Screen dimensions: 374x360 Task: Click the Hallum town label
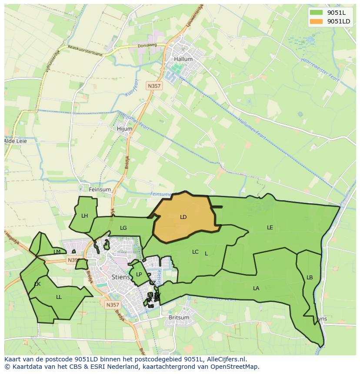tap(183, 59)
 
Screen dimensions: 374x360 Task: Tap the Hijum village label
tap(124, 129)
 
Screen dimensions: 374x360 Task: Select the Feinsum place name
tap(100, 189)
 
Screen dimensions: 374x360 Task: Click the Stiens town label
tap(120, 277)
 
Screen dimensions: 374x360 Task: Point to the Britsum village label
tap(179, 318)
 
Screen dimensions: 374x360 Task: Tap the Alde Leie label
tap(15, 141)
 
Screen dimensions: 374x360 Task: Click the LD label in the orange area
tap(183, 217)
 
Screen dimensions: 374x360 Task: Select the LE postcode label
tap(270, 227)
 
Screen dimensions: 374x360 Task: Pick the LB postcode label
tap(310, 278)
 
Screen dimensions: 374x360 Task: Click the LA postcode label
tap(256, 288)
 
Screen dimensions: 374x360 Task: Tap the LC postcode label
tap(195, 252)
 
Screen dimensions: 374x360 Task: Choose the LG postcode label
tap(123, 228)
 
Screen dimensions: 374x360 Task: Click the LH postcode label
tap(84, 215)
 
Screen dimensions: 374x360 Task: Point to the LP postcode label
tap(139, 274)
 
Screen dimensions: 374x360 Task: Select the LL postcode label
tap(59, 297)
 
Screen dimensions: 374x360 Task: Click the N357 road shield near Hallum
tap(154, 86)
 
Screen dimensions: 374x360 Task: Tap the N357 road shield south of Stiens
tap(112, 305)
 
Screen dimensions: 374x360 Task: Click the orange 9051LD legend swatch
tap(317, 21)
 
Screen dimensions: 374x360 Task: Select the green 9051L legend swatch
tap(317, 13)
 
